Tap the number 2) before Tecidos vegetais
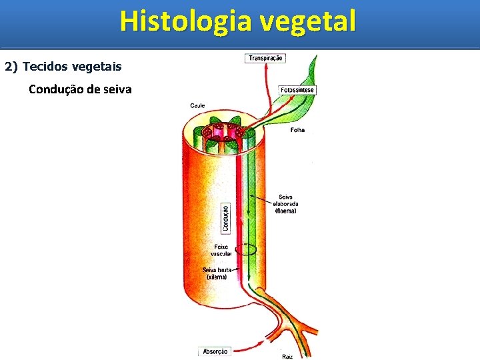[12, 67]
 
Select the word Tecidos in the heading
[42, 67]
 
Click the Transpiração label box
[266, 58]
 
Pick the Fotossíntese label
[297, 90]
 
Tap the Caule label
[197, 105]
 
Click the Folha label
[297, 130]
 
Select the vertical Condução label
[226, 217]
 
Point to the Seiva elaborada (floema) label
[286, 203]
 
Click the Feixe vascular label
[220, 250]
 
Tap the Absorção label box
[215, 351]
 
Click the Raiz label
[287, 356]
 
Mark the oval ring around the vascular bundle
[245, 250]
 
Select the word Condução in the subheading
[55, 89]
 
